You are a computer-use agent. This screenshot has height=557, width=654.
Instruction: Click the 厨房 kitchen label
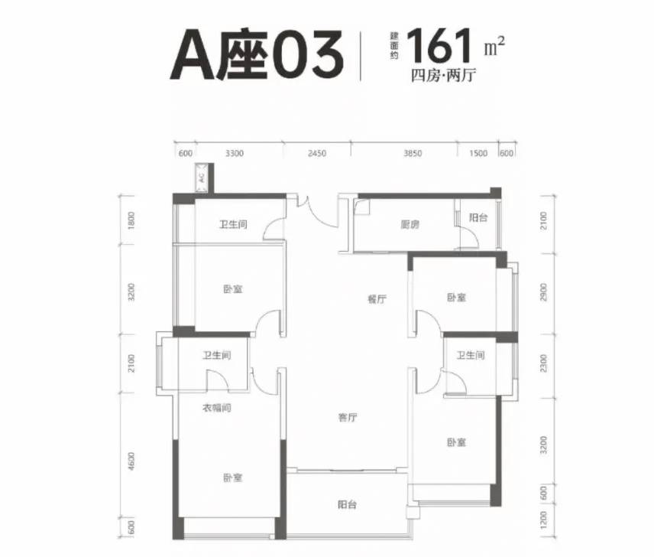point(410,225)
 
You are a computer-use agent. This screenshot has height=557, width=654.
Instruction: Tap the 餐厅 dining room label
point(377,299)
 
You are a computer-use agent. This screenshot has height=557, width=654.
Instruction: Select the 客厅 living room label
point(348,417)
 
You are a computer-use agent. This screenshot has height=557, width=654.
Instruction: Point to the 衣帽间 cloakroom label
point(217,408)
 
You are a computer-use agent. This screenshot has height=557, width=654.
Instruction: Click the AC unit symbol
point(202,178)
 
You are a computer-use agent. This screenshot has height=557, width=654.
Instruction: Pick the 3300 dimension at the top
point(235,153)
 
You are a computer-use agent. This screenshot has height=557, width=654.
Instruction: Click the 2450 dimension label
point(317,153)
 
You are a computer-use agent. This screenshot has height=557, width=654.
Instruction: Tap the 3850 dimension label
point(413,153)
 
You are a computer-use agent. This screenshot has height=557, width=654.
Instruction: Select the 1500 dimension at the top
point(478,153)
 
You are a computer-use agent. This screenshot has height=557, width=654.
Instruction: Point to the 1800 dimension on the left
point(132,220)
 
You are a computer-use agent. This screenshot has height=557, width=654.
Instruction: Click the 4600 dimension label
point(132,461)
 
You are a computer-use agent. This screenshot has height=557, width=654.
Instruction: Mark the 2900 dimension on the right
point(543,292)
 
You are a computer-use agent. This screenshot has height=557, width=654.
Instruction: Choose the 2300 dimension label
point(543,363)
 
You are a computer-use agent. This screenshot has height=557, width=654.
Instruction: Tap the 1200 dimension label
point(543,520)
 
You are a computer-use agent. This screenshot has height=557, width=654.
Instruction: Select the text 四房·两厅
point(443,76)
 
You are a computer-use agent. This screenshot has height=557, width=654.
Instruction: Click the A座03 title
point(257,54)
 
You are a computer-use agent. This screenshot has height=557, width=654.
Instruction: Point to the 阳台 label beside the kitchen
point(478,217)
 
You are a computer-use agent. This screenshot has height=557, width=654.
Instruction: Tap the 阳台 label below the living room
point(347,505)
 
